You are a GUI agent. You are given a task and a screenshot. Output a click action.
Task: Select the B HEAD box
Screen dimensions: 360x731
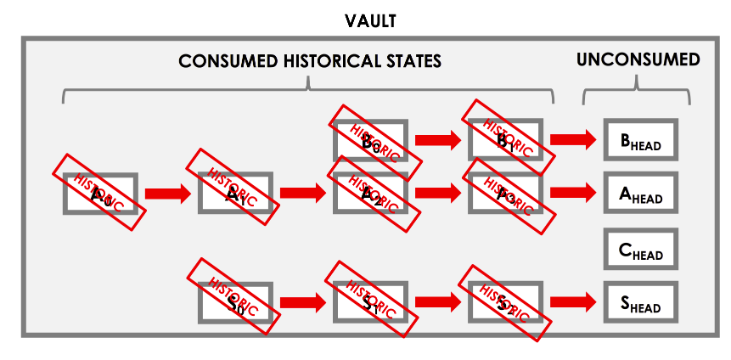(640, 140)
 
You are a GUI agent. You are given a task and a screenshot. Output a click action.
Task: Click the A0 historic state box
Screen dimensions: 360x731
(100, 194)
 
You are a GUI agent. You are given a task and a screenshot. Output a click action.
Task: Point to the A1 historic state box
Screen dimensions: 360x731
(234, 194)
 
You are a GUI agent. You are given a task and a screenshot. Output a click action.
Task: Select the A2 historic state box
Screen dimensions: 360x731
(370, 194)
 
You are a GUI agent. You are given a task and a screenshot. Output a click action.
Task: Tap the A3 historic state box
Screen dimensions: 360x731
(505, 194)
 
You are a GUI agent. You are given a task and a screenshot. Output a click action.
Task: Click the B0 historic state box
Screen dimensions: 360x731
(370, 140)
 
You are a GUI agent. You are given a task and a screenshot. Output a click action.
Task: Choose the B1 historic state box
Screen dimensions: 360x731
(505, 140)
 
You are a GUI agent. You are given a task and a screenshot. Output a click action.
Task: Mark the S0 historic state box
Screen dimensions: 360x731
(234, 301)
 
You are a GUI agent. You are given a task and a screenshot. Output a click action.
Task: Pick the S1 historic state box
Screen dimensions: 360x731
(370, 301)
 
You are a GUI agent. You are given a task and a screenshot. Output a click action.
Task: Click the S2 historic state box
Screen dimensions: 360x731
(505, 301)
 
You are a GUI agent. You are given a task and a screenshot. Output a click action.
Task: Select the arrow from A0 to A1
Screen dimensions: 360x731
(167, 194)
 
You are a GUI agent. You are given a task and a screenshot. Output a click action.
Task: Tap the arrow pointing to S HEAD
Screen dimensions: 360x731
(573, 301)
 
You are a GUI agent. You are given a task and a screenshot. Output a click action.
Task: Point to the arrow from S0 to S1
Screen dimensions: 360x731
(302, 301)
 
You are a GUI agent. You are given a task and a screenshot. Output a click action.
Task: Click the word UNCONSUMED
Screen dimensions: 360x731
(638, 60)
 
